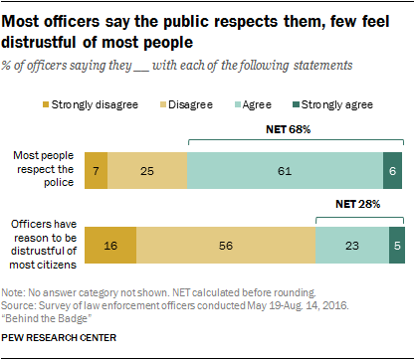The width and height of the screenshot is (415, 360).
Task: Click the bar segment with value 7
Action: (x=96, y=169)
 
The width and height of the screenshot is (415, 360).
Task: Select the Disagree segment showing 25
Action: (x=146, y=169)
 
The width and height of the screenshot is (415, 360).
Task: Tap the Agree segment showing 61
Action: (x=285, y=169)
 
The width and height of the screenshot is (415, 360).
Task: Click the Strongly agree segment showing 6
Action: (x=393, y=169)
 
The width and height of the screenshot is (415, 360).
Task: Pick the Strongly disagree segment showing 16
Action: (x=110, y=244)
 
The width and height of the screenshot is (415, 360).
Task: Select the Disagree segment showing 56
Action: (x=226, y=244)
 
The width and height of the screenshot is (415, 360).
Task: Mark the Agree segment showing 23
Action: (x=351, y=244)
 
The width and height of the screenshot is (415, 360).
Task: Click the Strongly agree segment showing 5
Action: (x=395, y=244)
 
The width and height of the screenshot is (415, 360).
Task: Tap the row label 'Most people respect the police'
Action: (x=42, y=169)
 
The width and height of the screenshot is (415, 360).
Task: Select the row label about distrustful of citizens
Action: (x=42, y=244)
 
